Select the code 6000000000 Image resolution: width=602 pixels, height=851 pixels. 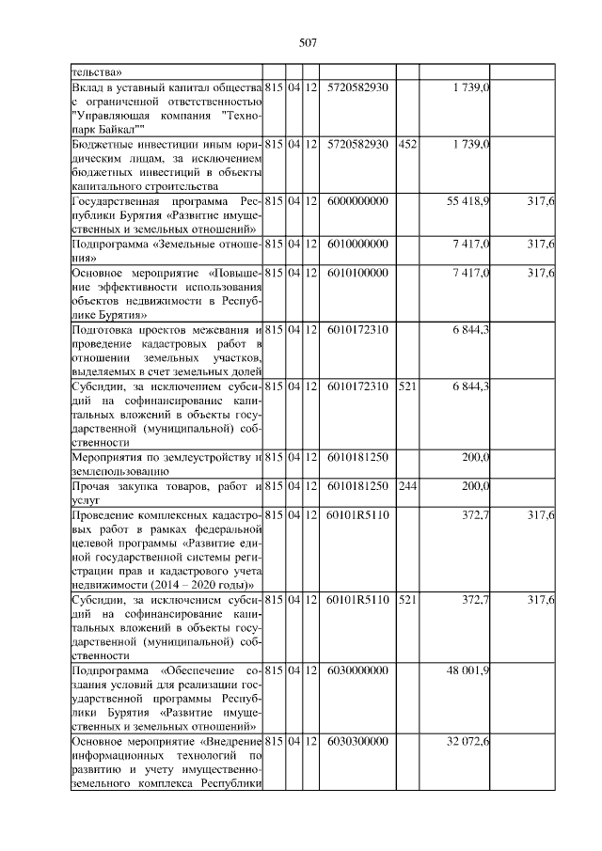point(356,202)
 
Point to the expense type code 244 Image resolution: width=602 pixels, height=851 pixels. point(406,486)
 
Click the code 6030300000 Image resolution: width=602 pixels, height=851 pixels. point(356,743)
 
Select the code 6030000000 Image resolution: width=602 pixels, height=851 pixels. point(356,670)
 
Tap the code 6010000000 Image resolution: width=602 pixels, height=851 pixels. point(356,244)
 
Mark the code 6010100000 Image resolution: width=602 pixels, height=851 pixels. point(356,273)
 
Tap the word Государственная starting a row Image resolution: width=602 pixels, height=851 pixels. point(121,202)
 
